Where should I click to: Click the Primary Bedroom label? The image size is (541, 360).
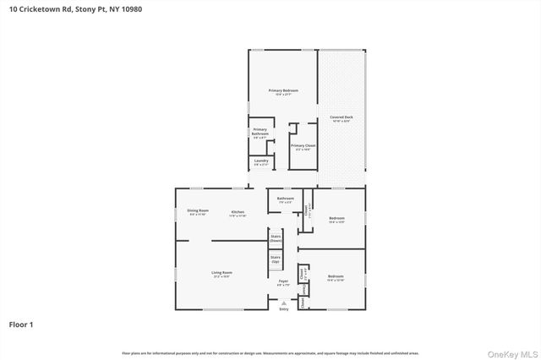coord(283,90)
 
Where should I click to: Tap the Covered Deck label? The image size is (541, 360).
coord(342,119)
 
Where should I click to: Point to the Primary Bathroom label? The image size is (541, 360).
coord(260,132)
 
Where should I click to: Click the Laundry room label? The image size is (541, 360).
coord(260,161)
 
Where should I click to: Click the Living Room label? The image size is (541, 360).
coord(221,273)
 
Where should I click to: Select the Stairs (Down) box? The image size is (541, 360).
coord(276,239)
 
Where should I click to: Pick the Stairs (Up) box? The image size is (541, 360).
coord(276,260)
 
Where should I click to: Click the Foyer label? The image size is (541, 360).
coord(283,281)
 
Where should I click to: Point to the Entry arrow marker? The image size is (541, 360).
coord(283,303)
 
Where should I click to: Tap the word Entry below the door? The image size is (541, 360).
coord(283,309)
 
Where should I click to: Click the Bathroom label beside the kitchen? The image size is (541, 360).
coord(285,199)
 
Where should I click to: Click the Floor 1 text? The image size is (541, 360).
coord(21,324)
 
